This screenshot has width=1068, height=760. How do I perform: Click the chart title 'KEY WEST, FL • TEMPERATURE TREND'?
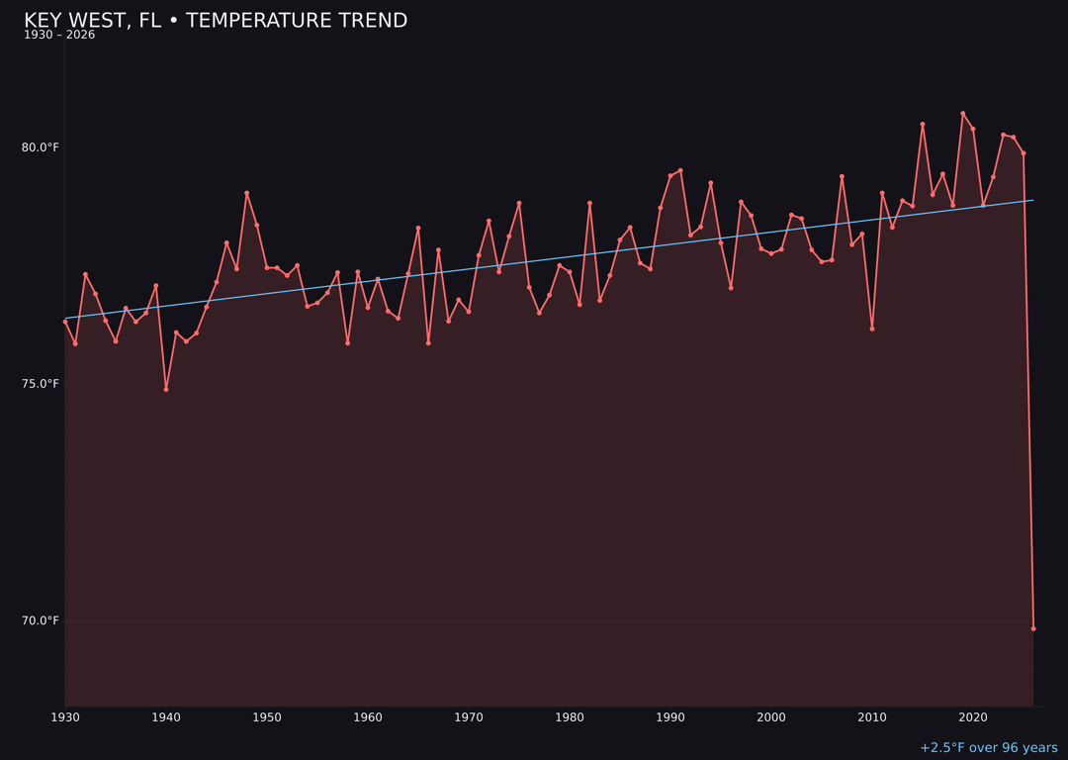point(216,21)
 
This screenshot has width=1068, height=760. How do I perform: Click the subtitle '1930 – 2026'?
point(59,36)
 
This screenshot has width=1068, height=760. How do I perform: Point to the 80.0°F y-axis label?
point(41,147)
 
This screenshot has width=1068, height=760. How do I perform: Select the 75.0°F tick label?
point(41,384)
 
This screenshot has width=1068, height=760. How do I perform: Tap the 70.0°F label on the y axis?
point(41,620)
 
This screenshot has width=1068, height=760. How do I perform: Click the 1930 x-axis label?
point(65,717)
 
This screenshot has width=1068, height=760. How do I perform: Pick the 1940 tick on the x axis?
point(166,717)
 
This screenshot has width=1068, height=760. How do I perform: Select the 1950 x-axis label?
point(267,717)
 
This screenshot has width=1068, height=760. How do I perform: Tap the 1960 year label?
point(368,717)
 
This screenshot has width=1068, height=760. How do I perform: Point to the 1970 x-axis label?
point(469,717)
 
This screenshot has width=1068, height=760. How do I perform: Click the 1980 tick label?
point(570,717)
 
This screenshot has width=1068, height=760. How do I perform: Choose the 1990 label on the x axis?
point(670,717)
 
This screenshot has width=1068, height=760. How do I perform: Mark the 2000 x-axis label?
point(771,717)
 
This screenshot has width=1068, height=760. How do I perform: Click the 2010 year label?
point(872,717)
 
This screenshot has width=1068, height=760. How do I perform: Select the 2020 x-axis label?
point(973,717)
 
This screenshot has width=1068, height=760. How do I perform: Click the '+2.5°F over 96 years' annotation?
point(988,748)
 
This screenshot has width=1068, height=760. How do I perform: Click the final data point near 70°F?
point(1033,628)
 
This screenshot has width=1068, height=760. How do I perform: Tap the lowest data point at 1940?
point(166,389)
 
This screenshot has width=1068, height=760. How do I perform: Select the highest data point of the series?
point(963,114)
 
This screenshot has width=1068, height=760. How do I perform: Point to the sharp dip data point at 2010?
point(872,329)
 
